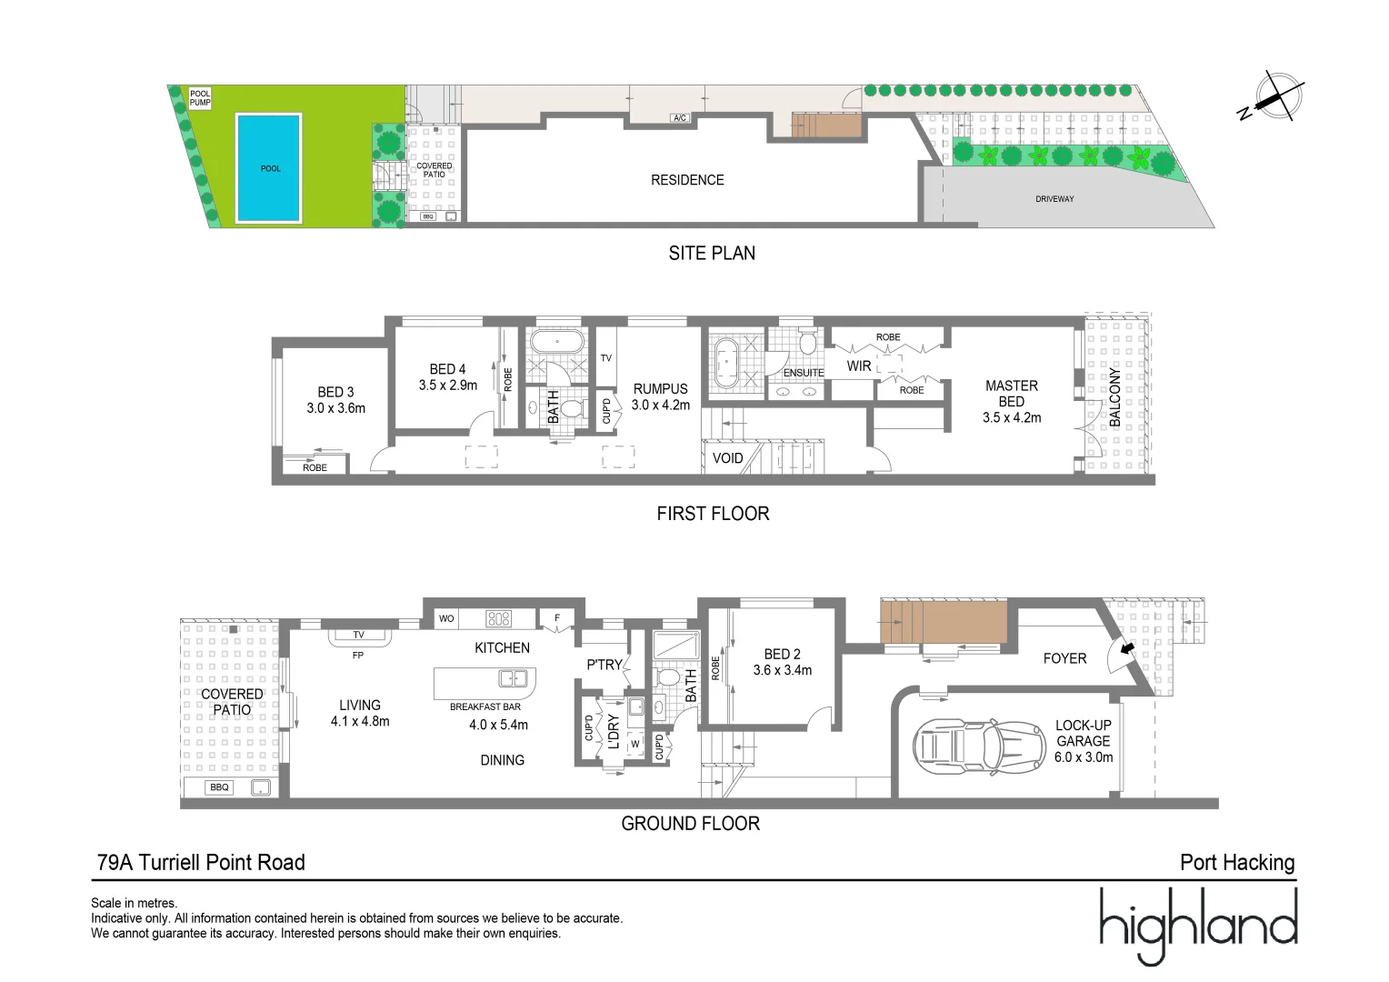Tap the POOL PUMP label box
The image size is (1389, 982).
pos(200,98)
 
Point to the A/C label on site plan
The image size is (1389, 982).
pos(679,118)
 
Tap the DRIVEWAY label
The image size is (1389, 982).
pos(1054,198)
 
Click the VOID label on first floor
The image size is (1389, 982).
pos(727,458)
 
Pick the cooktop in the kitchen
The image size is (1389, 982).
pos(499,619)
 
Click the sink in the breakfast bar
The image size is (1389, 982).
pos(513,678)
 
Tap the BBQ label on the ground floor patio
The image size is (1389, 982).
pos(219,787)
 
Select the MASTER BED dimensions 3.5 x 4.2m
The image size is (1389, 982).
pos(1011,418)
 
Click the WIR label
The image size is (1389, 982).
pos(859,366)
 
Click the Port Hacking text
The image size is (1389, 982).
pos(1236,863)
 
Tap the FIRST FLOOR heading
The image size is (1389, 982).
pos(713,514)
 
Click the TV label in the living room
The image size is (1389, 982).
pos(358,635)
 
